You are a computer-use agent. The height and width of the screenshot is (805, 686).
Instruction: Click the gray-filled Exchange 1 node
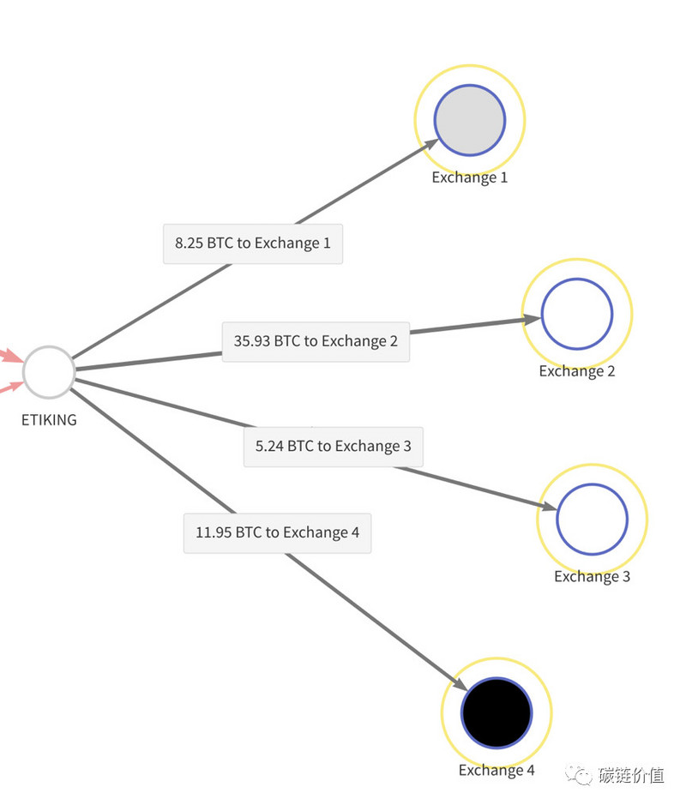[x=470, y=120]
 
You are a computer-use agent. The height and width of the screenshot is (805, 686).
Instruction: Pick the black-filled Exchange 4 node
[x=496, y=712]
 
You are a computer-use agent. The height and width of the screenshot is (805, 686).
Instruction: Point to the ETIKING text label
[x=49, y=420]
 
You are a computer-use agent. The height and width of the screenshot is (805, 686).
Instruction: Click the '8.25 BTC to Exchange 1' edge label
[x=253, y=243]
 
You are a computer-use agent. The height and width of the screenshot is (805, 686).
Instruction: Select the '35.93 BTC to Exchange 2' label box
[x=316, y=342]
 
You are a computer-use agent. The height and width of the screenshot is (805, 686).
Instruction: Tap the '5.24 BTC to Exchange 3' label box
[x=334, y=447]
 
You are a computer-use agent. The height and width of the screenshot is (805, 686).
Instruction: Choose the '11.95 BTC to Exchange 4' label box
[x=277, y=533]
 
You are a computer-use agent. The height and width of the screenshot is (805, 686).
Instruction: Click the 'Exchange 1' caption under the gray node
[x=470, y=177]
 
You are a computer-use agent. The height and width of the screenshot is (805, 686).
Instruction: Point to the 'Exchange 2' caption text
[x=577, y=371]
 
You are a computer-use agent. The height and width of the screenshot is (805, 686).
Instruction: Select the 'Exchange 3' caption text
[x=592, y=577]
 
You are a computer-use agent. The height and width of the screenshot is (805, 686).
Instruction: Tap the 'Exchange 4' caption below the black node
[x=496, y=770]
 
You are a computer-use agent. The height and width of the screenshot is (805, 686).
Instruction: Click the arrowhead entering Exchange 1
[x=430, y=145]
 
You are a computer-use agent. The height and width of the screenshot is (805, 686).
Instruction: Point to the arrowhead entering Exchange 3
[x=547, y=507]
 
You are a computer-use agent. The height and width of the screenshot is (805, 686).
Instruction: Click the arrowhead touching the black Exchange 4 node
[x=458, y=683]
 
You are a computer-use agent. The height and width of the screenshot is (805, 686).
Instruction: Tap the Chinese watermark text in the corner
[x=631, y=775]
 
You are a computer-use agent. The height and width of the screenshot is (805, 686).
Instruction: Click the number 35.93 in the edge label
[x=251, y=341]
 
